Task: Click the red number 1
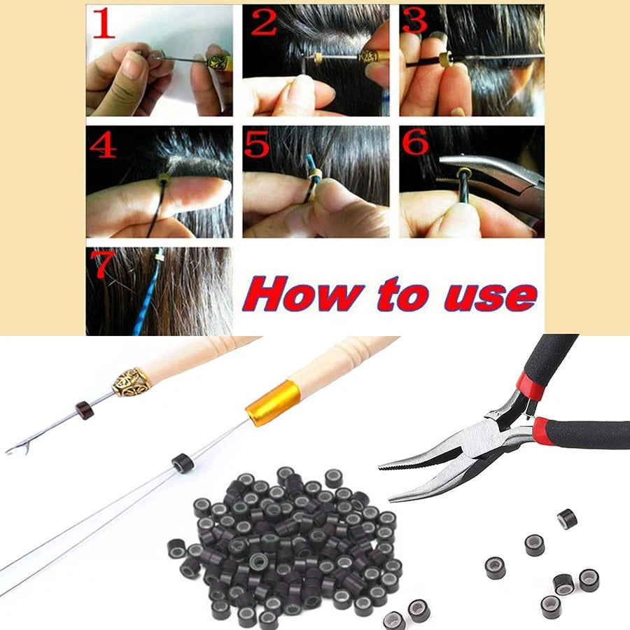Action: pos(104,24)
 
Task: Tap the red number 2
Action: pos(264,22)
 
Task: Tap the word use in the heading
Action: pos(490,297)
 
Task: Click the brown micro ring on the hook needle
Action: pos(85,409)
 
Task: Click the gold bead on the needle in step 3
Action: pos(445,59)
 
